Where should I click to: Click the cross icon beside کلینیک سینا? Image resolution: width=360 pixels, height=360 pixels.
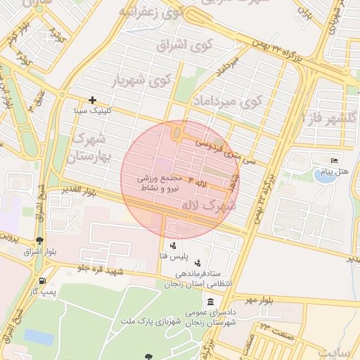click(92, 101)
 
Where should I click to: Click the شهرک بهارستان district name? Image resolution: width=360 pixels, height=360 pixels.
click(92, 146)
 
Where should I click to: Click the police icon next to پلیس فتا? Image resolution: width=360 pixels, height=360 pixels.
click(174, 246)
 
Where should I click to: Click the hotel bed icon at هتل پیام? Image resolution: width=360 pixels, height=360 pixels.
click(333, 161)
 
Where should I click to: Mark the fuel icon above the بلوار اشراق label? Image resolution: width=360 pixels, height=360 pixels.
click(39, 240)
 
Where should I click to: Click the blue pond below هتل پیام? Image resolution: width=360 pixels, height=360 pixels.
click(324, 176)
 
